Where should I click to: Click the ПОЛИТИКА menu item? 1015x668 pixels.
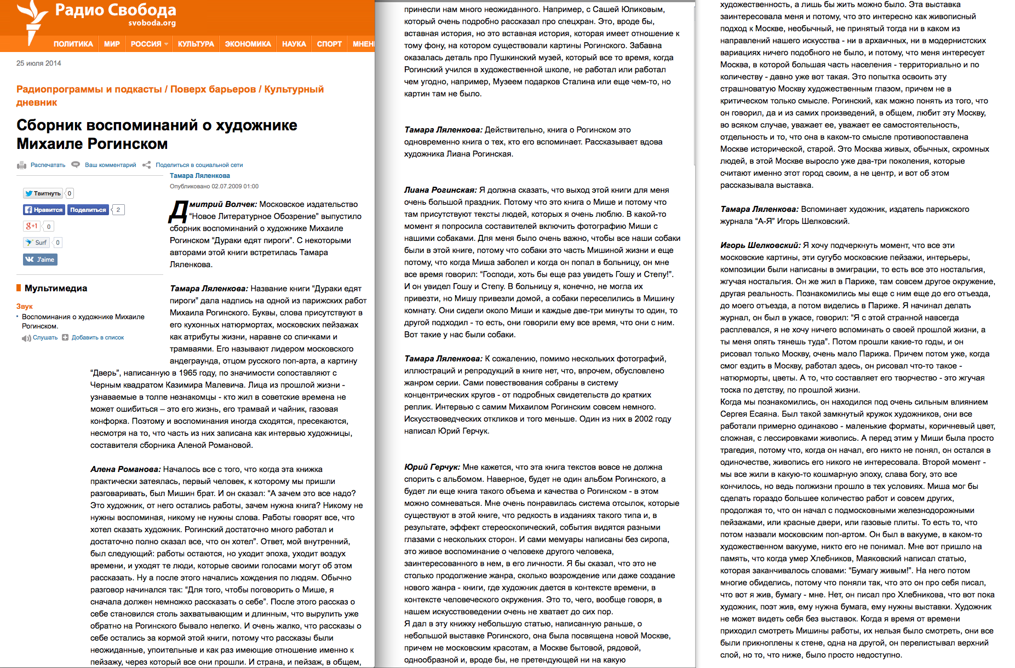point(73,44)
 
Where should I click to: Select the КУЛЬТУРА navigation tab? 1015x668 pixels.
point(196,44)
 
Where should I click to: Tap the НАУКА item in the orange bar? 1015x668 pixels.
point(294,44)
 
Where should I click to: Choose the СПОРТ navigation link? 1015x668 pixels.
point(329,44)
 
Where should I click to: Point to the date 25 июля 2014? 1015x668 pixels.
point(39,63)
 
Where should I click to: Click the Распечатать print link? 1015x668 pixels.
point(47,165)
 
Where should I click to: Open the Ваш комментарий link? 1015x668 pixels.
point(110,165)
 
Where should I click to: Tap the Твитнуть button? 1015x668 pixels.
point(43,193)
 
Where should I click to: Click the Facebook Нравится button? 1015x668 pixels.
point(44,210)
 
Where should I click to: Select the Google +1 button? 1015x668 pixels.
point(32,226)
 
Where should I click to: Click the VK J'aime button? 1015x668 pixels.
point(40,260)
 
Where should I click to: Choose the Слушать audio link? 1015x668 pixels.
point(44,338)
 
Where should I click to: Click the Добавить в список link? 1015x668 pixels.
point(98,338)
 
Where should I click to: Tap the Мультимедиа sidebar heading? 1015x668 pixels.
point(55,289)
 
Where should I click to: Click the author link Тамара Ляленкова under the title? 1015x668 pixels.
point(199,176)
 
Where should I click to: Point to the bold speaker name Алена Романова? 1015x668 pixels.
point(125,469)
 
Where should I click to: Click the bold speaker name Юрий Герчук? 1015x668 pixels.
point(432,467)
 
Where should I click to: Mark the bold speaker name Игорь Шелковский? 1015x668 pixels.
point(760,245)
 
